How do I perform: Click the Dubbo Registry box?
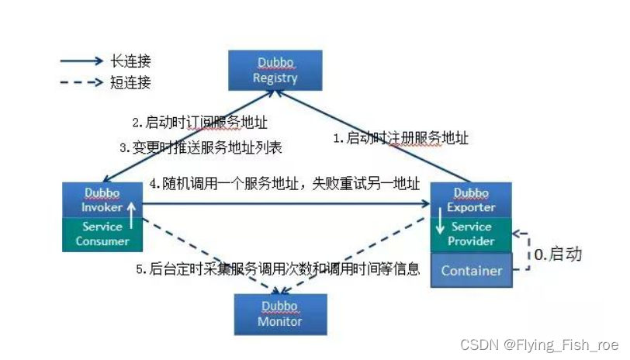[275, 70]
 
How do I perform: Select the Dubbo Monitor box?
[280, 313]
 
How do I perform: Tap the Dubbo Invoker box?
[102, 200]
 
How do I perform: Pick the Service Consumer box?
[102, 234]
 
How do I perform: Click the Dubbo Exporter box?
[471, 199]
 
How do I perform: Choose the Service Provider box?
[471, 234]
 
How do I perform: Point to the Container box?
[471, 271]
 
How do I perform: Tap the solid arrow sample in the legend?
[81, 61]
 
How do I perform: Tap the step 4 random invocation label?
[285, 185]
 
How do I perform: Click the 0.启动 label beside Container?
[559, 254]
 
